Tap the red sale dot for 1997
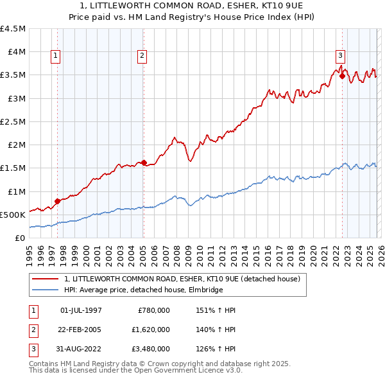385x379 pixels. [57, 201]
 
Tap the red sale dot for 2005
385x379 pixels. [144, 163]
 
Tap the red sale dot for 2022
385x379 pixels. [342, 76]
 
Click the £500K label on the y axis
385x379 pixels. [13, 215]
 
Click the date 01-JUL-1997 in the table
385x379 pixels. [81, 310]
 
